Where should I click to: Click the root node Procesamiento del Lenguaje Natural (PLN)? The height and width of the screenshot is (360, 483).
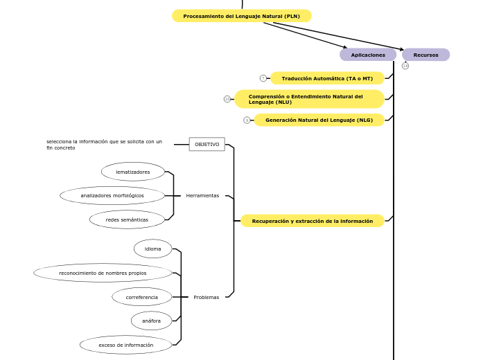242,16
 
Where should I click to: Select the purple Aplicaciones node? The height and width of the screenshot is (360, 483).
368,55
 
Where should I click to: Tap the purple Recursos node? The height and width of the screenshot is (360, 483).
425,55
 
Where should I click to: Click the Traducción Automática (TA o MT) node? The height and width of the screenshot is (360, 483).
327,78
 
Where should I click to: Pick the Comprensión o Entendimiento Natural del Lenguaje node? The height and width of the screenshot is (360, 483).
309,99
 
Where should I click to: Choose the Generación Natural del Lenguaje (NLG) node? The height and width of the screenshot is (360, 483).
319,120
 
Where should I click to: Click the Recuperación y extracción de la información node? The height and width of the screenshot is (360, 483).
312,221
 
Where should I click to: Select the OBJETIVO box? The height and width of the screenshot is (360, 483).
207,144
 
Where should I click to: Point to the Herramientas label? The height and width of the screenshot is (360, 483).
202,196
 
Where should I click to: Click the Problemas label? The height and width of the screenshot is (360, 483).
206,297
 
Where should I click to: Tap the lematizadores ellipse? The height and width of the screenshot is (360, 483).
133,172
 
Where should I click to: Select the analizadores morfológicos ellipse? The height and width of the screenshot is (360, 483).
112,195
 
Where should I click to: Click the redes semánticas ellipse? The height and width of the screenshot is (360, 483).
127,219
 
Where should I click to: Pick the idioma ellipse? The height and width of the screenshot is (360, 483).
152,249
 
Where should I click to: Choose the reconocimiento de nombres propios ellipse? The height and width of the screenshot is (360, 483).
103,273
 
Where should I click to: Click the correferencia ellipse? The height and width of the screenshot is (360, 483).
142,297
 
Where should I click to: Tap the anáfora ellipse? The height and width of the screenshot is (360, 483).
151,321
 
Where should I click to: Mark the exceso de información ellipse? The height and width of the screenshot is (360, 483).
126,345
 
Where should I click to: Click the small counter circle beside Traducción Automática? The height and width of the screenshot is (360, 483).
263,78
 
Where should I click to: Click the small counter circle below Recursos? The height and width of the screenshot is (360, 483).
405,66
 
